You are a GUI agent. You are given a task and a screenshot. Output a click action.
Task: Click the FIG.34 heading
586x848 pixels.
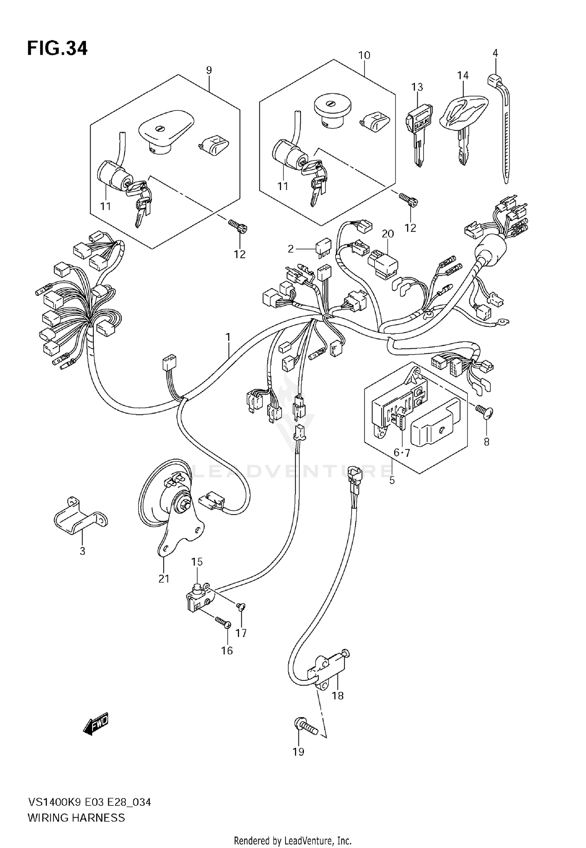pyautogui.click(x=57, y=49)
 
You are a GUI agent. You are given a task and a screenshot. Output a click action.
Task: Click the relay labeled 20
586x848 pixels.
pyautogui.click(x=382, y=263)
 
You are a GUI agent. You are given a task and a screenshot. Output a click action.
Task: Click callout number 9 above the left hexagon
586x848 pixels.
pyautogui.click(x=209, y=70)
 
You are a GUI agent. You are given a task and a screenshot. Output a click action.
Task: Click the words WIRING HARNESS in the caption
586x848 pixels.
pyautogui.click(x=76, y=817)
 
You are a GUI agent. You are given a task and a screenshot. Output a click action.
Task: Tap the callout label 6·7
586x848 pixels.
pyautogui.click(x=402, y=453)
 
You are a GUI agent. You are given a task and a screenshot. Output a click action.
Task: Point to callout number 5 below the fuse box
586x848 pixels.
pyautogui.click(x=392, y=480)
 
